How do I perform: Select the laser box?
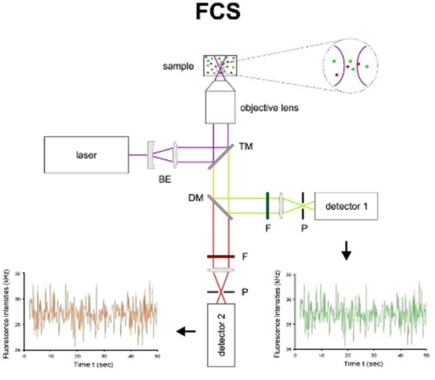coord(86,154)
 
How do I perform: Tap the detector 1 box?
coord(346,205)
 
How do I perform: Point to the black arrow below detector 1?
coord(346,252)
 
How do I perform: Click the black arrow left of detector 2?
coord(186,332)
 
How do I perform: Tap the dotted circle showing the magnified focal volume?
coord(348,66)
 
